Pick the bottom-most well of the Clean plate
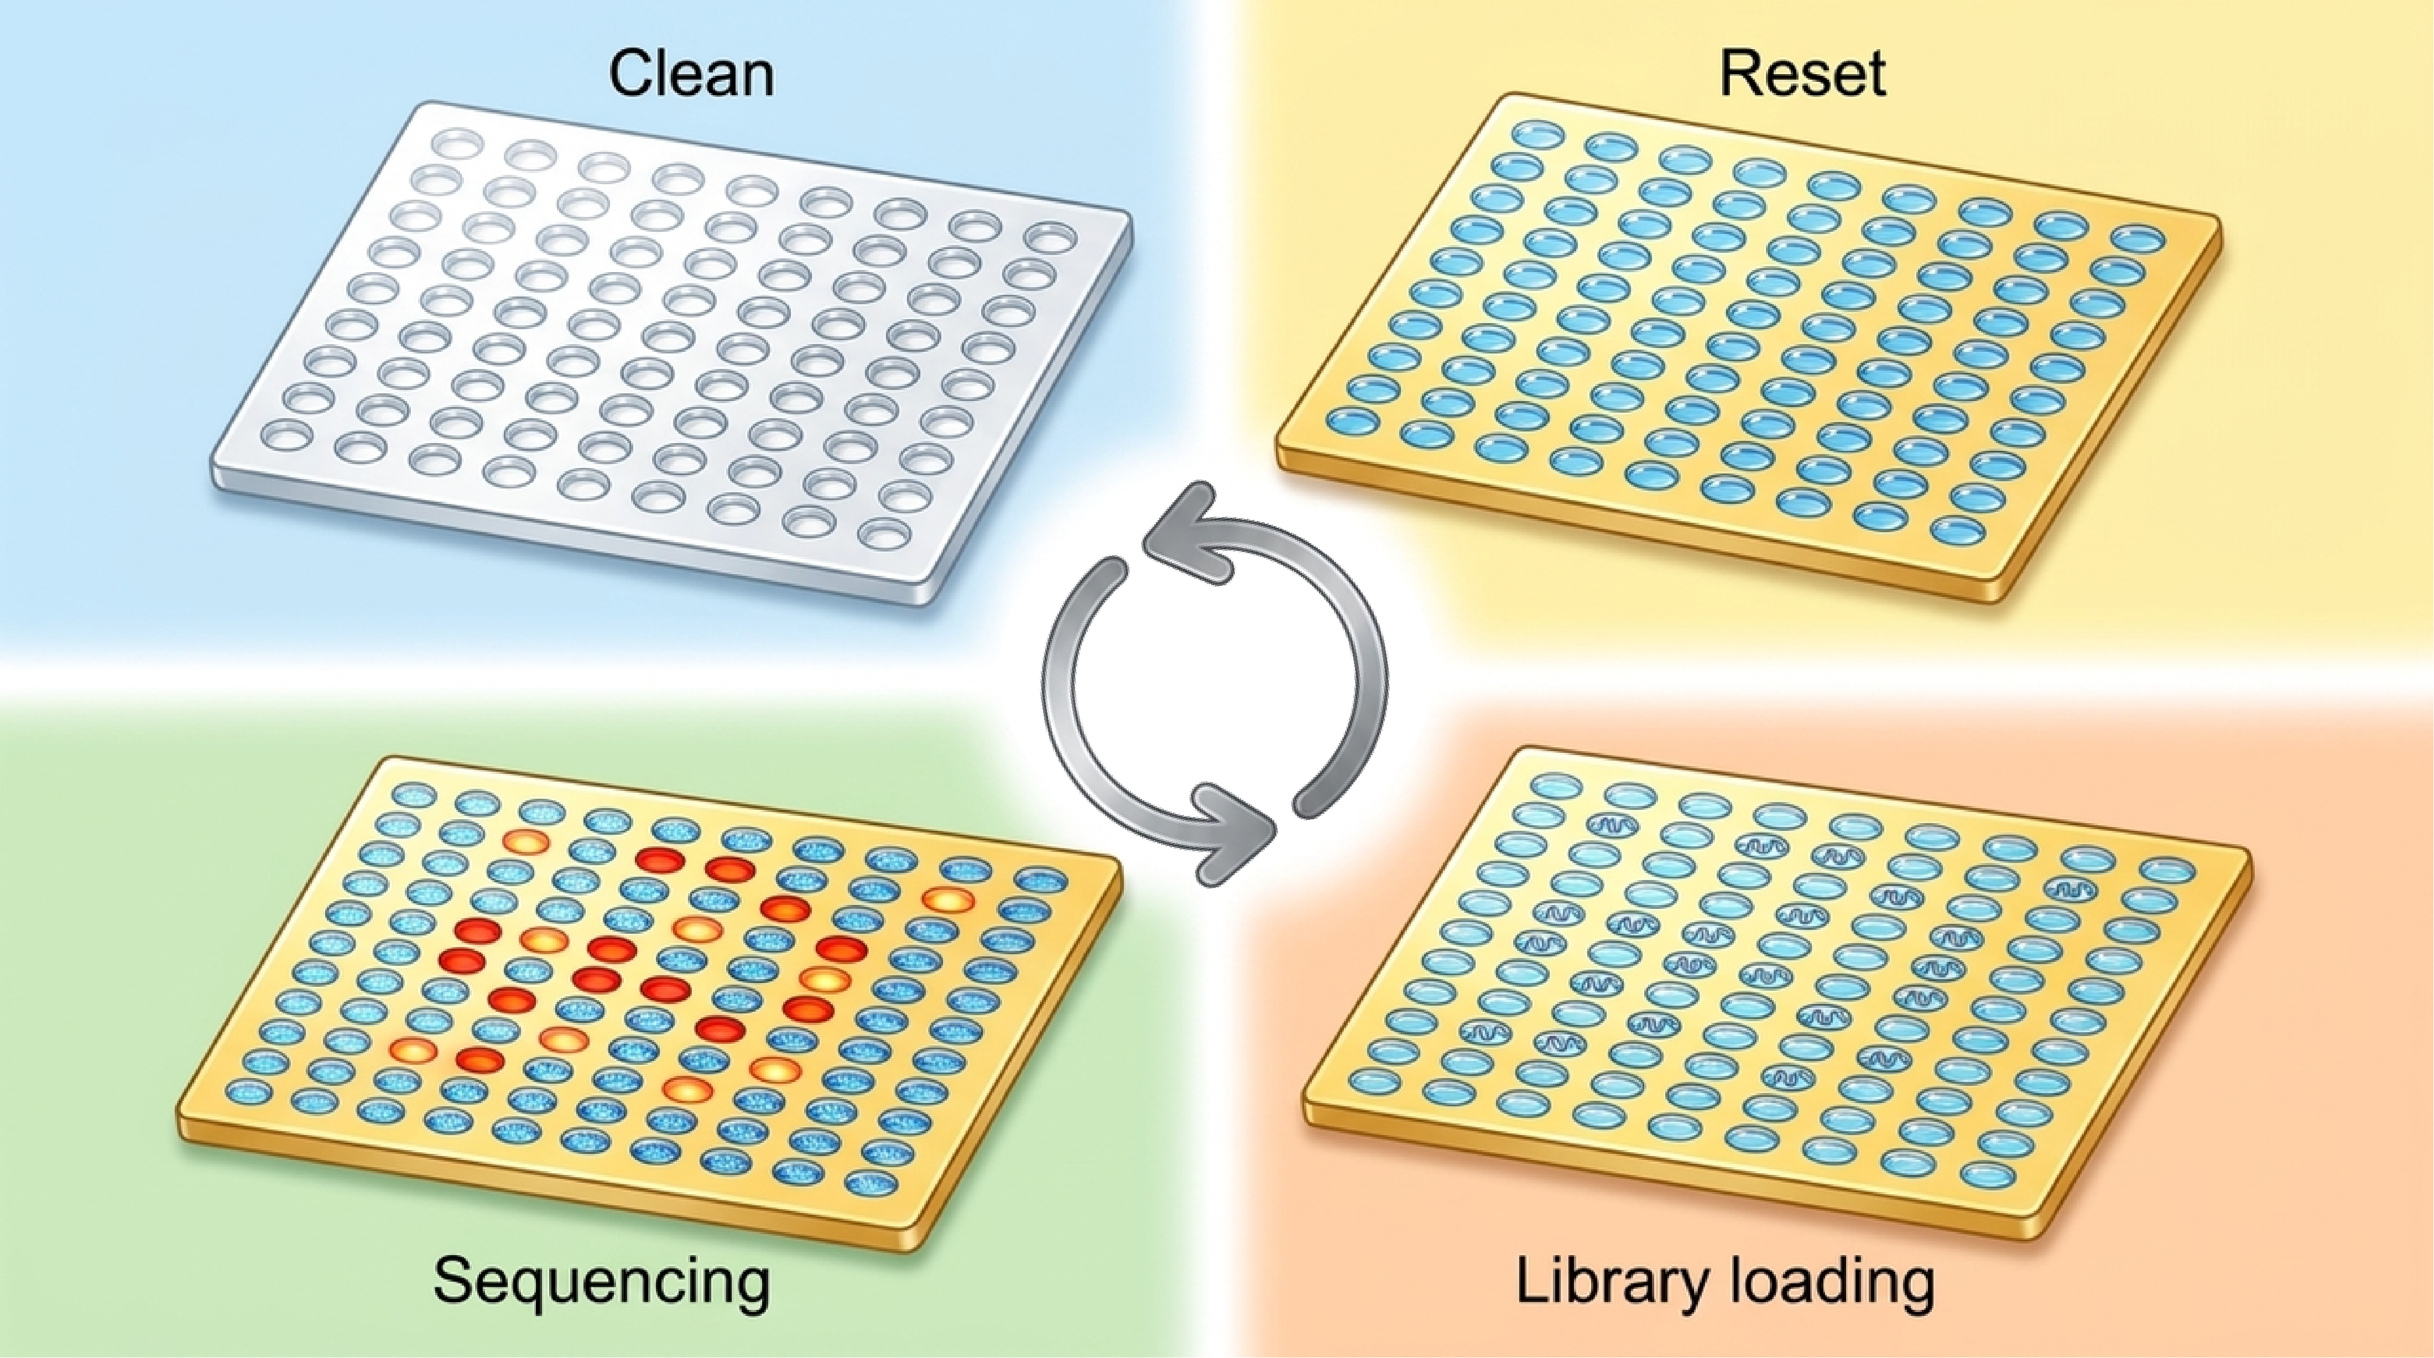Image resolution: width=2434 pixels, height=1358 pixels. (x=884, y=535)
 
